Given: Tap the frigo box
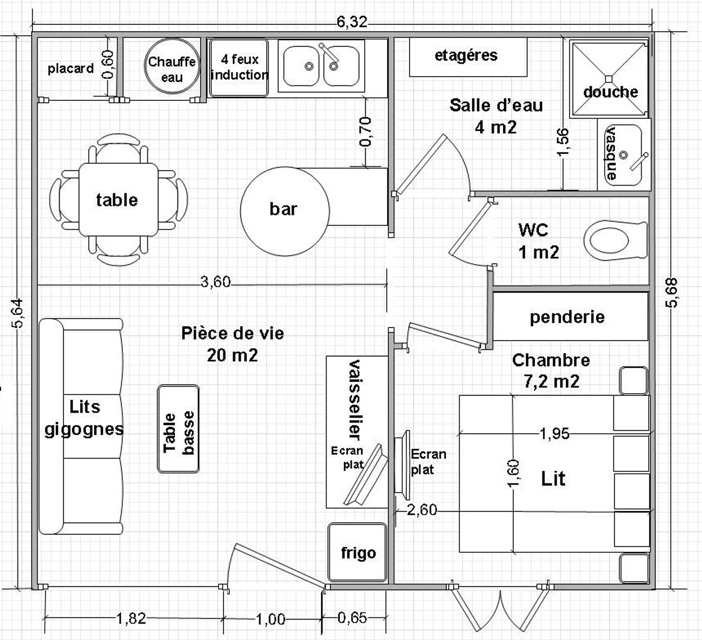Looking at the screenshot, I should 358,552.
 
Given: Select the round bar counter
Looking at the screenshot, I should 284,211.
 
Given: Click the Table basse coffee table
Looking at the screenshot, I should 178,429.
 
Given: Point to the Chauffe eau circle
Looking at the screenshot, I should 172,66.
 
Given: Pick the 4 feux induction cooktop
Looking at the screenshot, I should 239,68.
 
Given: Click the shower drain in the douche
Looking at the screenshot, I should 608,79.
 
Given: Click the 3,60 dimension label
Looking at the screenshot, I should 215,282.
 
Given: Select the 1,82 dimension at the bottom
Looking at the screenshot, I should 131,618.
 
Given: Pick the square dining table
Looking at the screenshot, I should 118,200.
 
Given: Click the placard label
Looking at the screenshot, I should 71,69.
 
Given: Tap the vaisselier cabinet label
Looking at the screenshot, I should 356,400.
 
